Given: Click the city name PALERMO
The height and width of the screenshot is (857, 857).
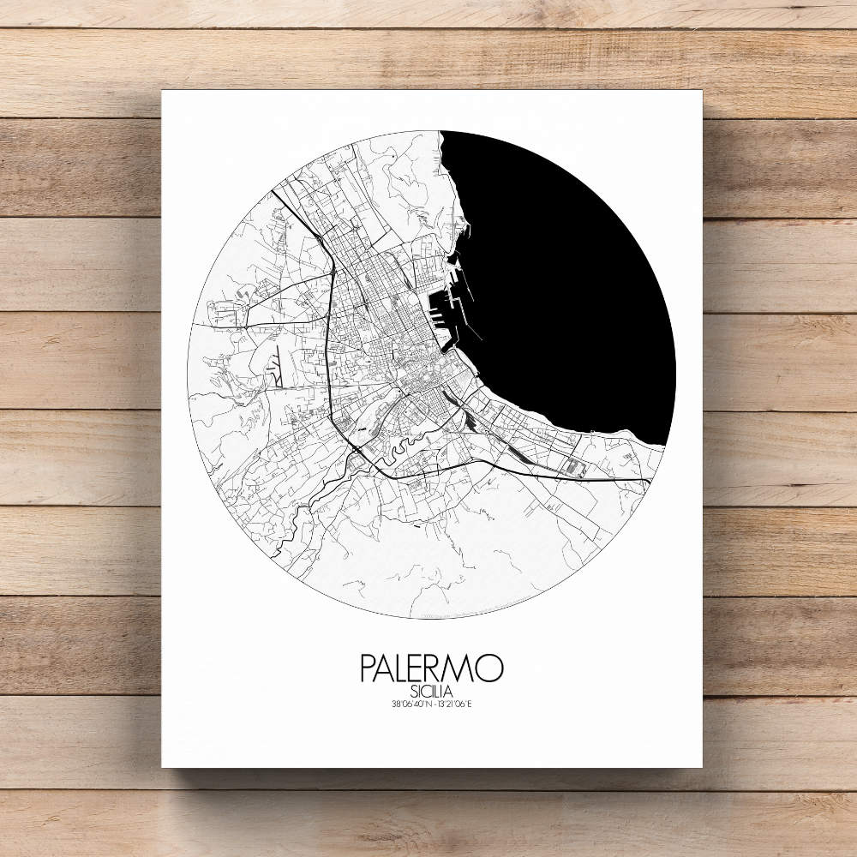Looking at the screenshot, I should (x=432, y=668).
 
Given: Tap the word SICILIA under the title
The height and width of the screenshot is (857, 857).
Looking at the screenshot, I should (x=432, y=691).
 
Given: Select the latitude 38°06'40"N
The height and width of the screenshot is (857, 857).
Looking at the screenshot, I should (x=407, y=705).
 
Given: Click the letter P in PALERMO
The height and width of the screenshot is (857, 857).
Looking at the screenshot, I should (x=369, y=668).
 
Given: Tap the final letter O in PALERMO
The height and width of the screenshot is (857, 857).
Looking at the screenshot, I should (x=490, y=668).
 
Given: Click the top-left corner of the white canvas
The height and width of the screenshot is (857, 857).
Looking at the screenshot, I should (x=162, y=90).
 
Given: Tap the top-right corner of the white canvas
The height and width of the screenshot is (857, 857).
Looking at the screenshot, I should (x=702, y=90).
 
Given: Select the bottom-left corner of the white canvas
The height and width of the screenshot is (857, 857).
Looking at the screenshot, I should (x=162, y=767).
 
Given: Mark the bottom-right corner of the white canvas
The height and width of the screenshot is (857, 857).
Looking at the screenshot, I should (x=702, y=767).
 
